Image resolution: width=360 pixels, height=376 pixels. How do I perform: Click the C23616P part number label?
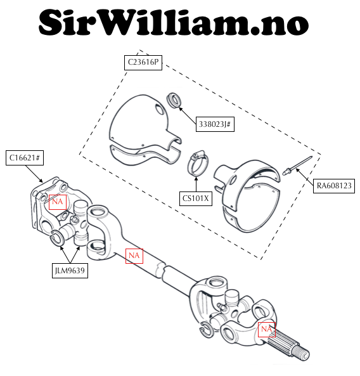[143, 63]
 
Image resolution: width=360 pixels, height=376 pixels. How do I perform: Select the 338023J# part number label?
[215, 124]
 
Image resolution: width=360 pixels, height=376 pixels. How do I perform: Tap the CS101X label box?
[196, 198]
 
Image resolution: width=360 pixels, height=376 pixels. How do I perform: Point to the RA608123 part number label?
[334, 186]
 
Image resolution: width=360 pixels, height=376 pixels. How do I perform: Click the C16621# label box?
[25, 158]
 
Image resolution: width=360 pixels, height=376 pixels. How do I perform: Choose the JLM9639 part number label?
[70, 271]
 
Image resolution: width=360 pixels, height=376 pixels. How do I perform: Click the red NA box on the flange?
[58, 202]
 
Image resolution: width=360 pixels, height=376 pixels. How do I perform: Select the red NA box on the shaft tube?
[134, 256]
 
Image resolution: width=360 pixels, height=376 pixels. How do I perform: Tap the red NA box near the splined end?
[267, 330]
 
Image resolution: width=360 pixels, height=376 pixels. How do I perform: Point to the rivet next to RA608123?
[297, 165]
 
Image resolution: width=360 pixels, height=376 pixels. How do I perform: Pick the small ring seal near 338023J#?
[174, 100]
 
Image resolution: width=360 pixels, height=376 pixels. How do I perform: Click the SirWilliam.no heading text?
[174, 22]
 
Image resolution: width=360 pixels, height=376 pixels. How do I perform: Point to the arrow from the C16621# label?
[34, 174]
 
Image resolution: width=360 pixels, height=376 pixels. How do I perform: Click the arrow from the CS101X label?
[196, 184]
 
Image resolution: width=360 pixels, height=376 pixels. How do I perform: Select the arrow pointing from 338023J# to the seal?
[188, 116]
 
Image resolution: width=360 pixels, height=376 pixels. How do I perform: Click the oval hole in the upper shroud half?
[158, 110]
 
